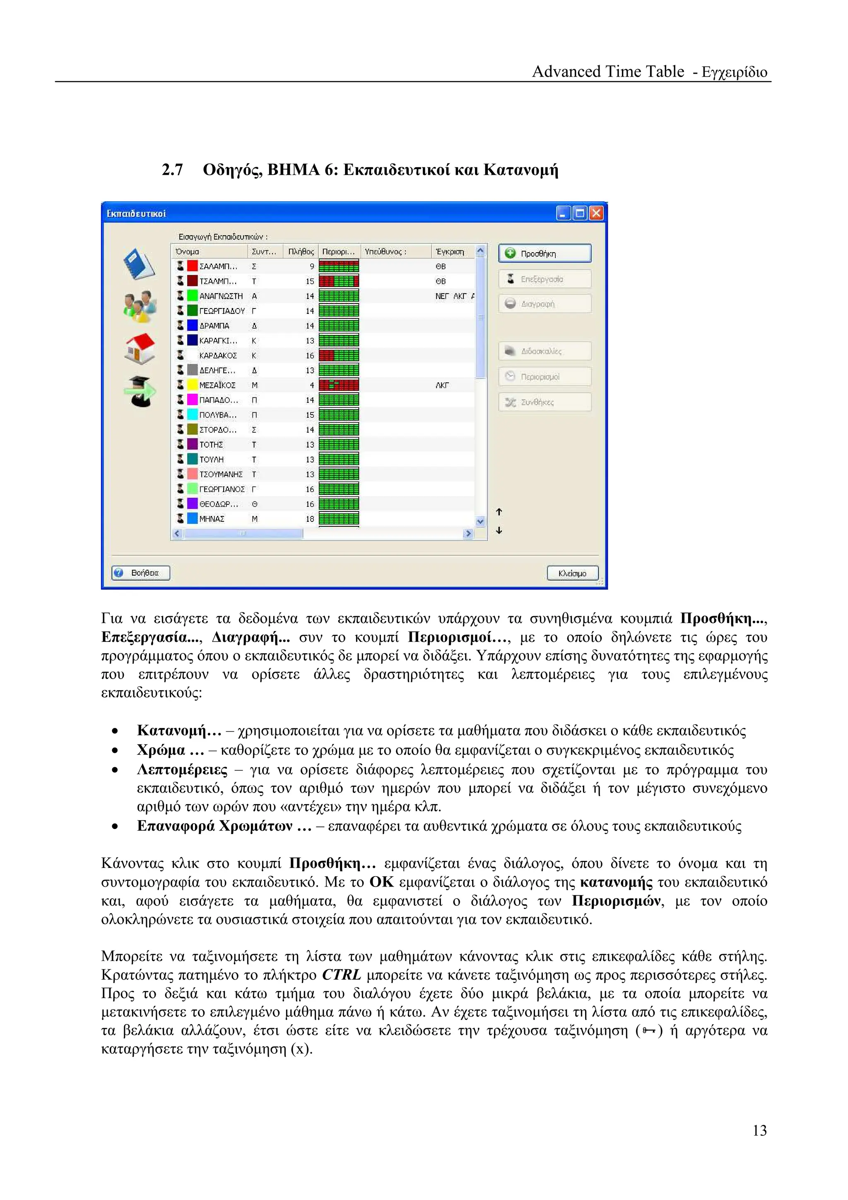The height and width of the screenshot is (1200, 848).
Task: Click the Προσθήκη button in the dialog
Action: click(x=544, y=253)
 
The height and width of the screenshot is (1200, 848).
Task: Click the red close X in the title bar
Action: click(x=596, y=213)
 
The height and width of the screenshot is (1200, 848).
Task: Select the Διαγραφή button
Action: click(x=544, y=304)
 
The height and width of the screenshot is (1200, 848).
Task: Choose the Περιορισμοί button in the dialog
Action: click(x=544, y=376)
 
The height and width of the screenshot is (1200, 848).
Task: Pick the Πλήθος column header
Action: click(x=301, y=251)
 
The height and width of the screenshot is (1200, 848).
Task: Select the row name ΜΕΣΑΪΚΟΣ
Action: click(x=217, y=385)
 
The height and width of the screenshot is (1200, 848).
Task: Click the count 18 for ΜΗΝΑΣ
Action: click(x=310, y=519)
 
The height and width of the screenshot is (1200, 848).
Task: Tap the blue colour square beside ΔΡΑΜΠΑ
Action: click(x=192, y=325)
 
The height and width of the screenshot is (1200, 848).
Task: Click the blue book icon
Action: click(x=139, y=264)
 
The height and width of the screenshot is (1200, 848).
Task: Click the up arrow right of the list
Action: click(x=499, y=512)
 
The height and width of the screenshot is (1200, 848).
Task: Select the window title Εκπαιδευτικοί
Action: click(x=136, y=213)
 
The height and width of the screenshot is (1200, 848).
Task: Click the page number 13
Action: click(x=759, y=1131)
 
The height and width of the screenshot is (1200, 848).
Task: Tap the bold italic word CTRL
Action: click(x=341, y=975)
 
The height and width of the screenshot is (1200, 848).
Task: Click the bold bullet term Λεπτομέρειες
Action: click(x=182, y=770)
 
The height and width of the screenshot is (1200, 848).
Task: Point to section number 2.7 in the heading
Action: click(x=172, y=170)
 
